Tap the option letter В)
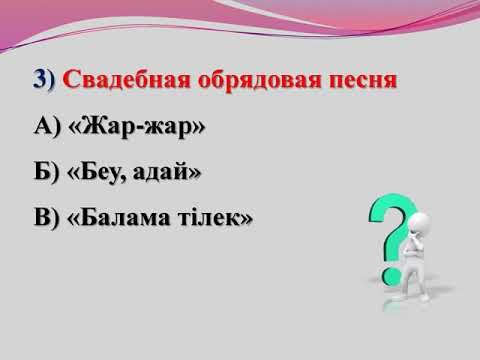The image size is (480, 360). pos(46,217)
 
